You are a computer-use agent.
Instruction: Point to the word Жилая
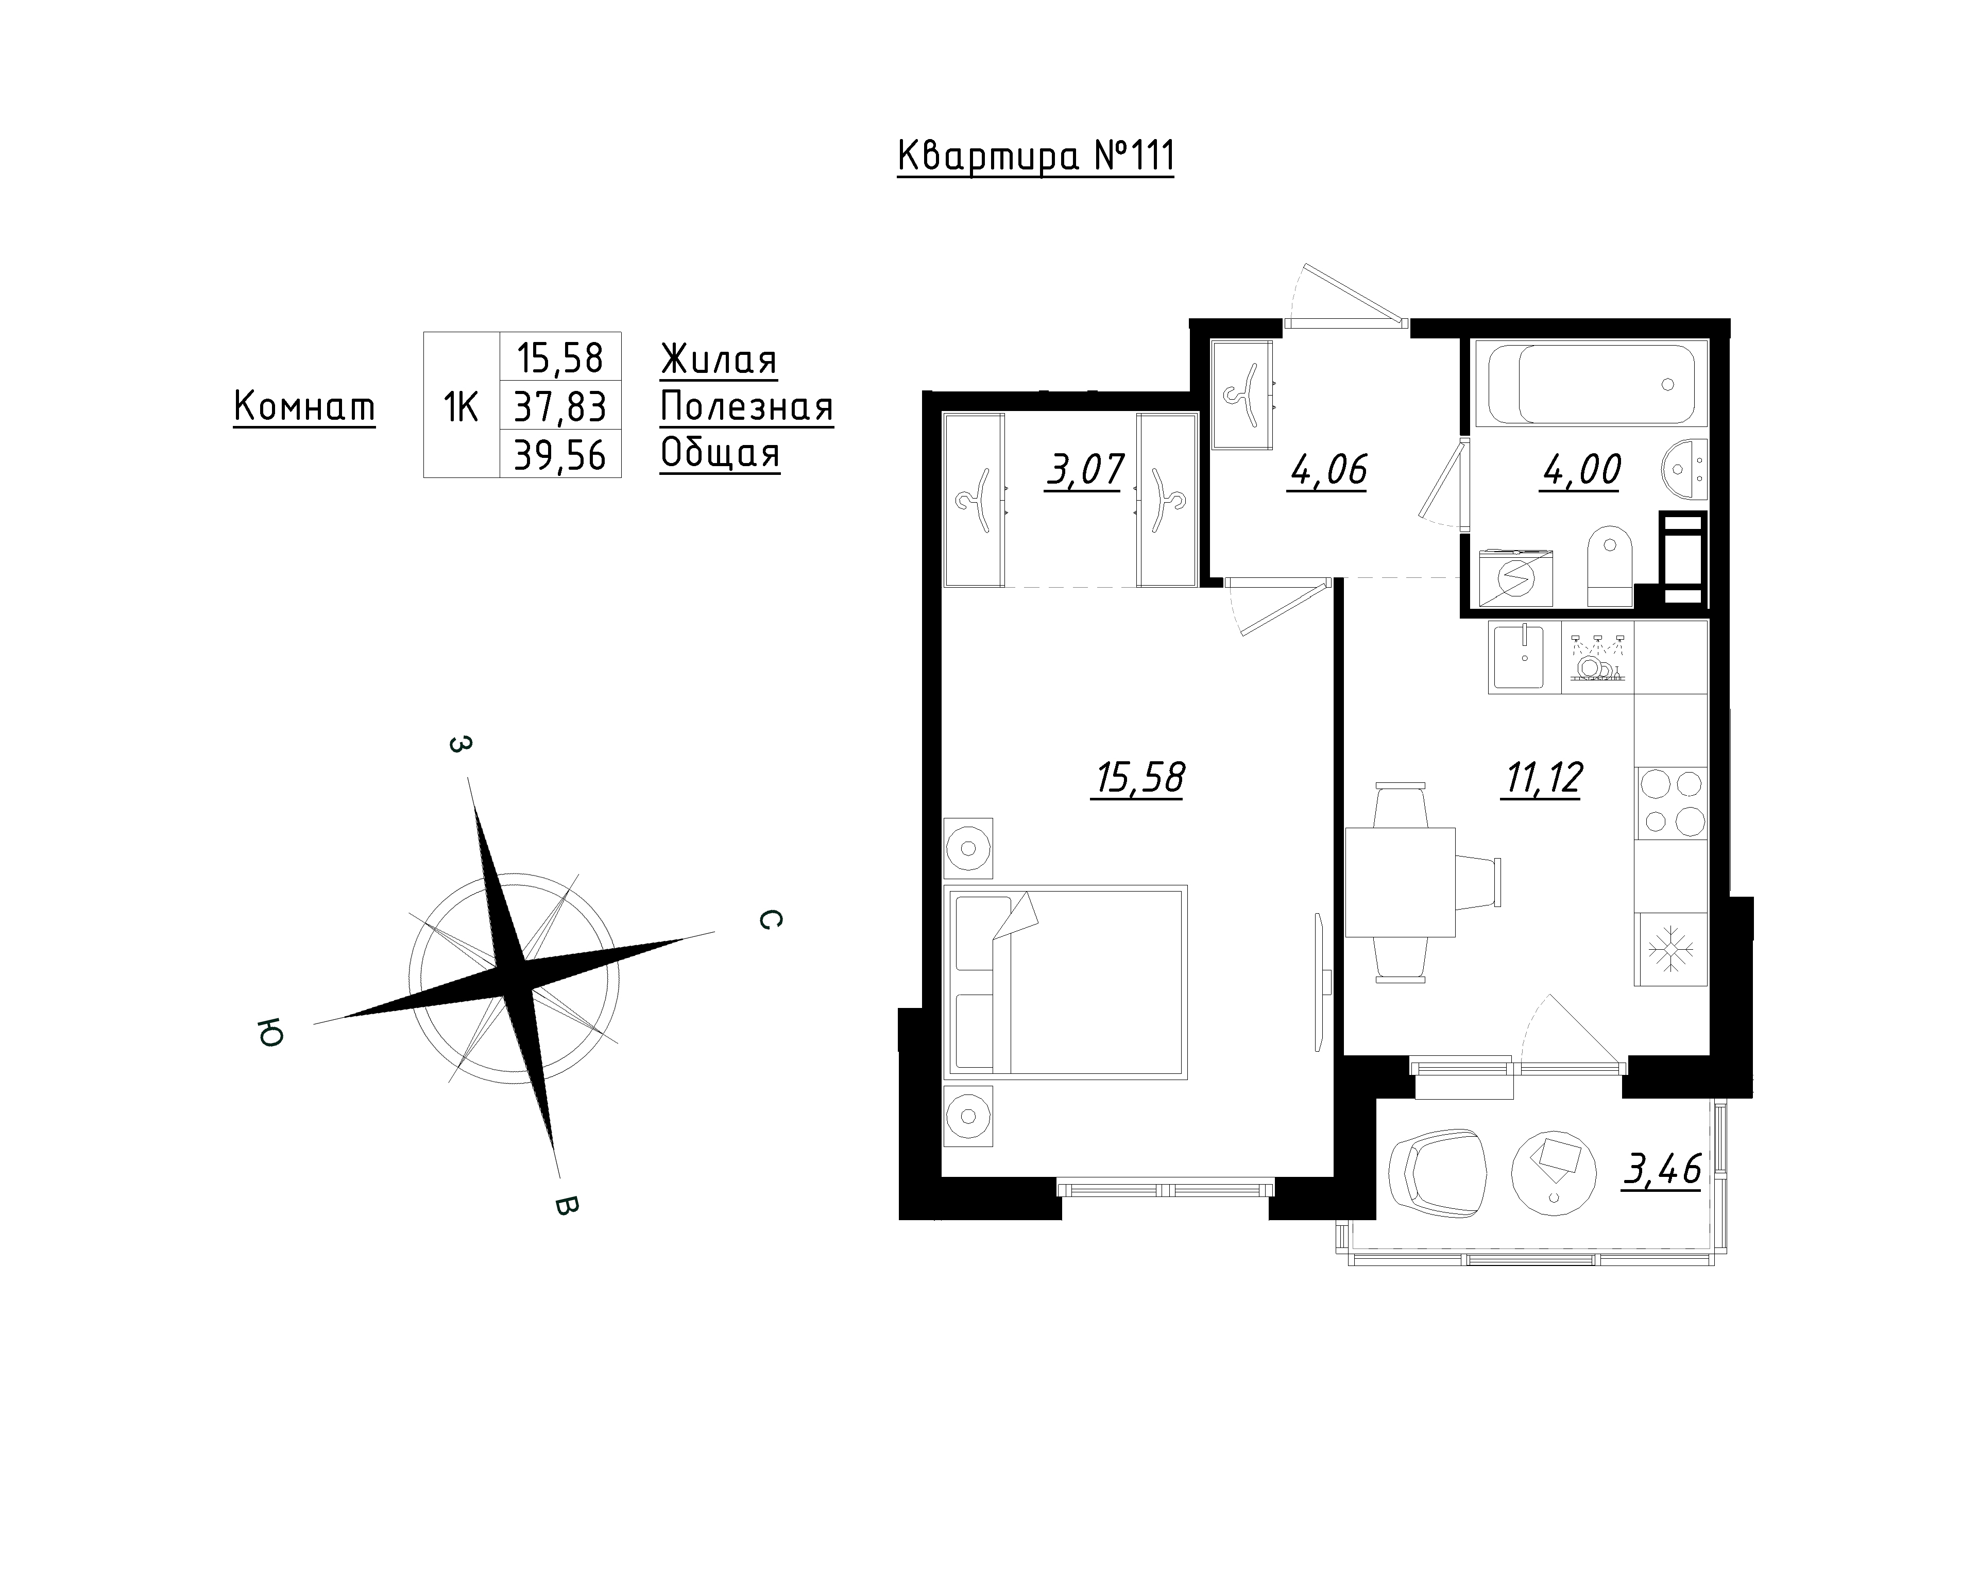pos(719,359)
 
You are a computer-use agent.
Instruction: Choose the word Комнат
pos(304,406)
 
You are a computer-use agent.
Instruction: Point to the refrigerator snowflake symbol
pos(1670,949)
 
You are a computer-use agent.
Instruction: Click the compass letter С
pos(771,919)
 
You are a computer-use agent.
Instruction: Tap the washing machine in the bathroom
pos(1515,577)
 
